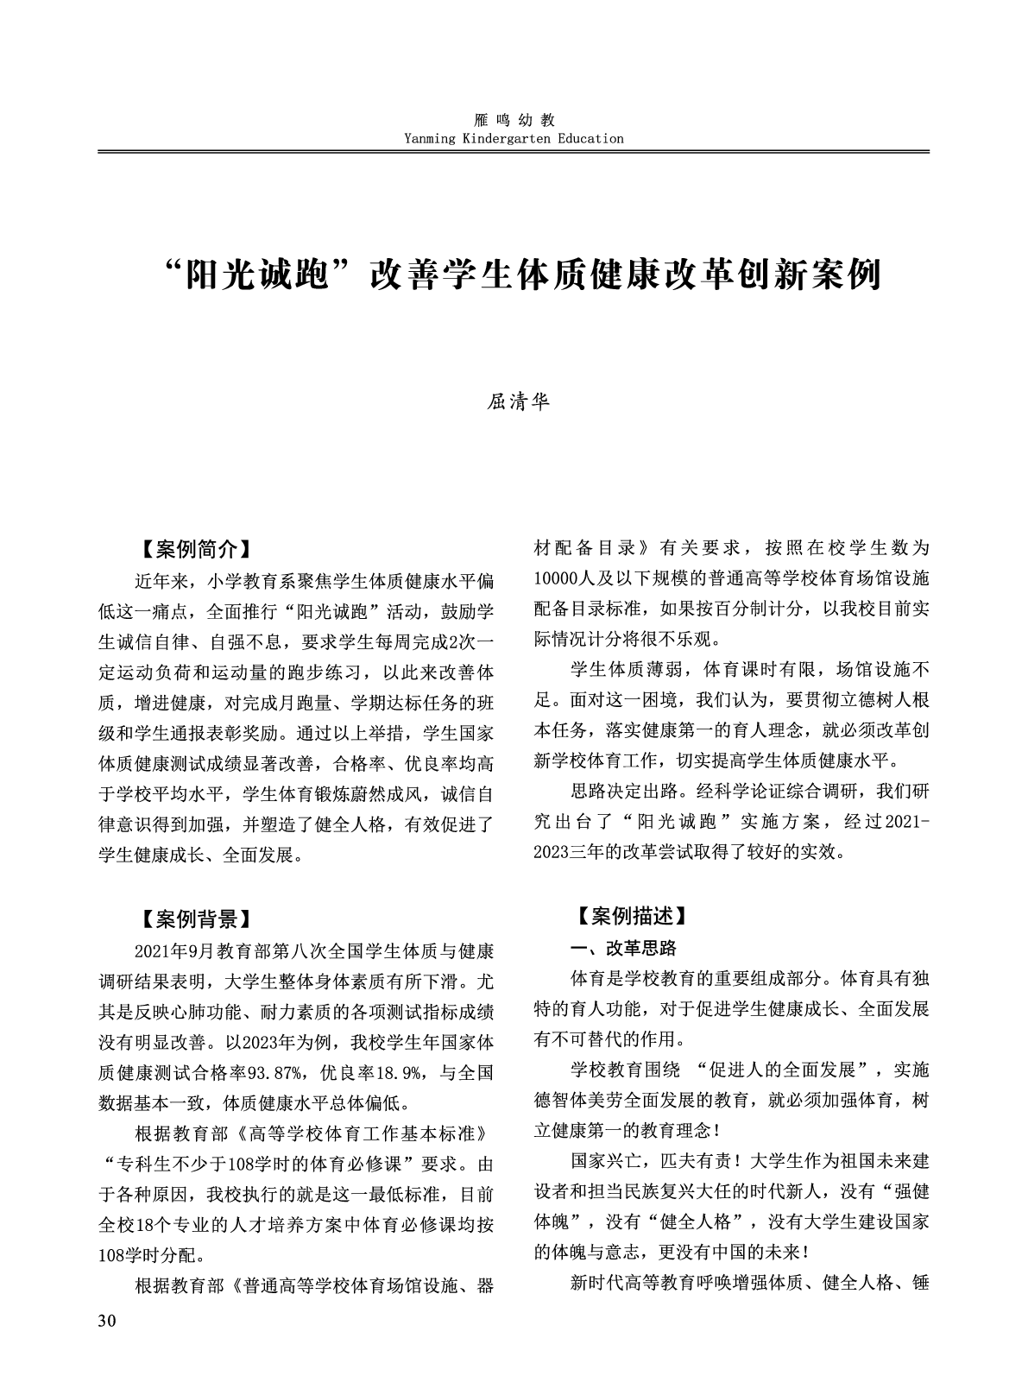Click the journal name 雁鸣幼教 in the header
point(514,120)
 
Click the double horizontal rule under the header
point(514,152)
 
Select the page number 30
point(107,1321)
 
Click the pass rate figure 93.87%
point(272,1073)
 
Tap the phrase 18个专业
point(185,1224)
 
